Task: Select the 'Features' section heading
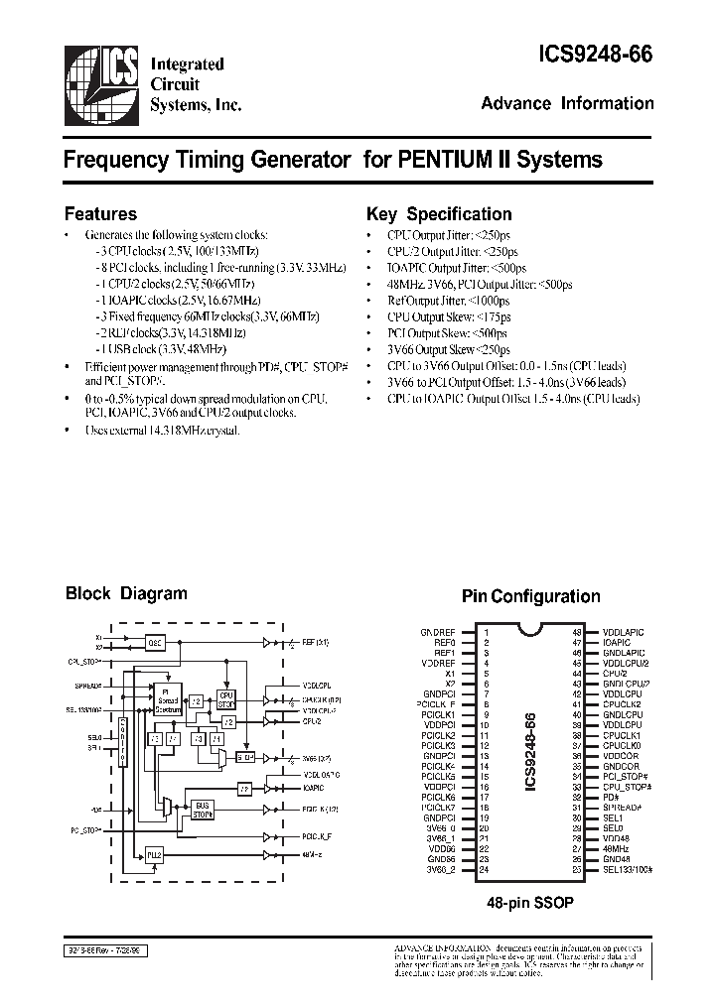100,213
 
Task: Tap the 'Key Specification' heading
439,214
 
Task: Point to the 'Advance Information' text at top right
567,103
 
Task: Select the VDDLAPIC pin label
624,632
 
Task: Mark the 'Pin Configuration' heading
530,596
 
